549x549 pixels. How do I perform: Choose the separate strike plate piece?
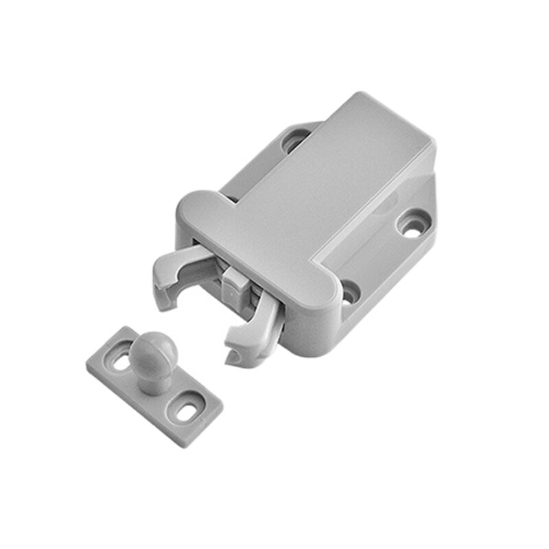pos(154,384)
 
